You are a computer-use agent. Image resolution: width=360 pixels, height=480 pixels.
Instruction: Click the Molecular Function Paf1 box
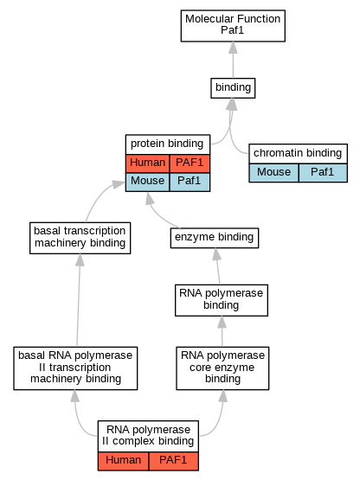[x=233, y=26]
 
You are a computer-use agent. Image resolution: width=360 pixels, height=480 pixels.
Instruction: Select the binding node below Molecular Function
[x=233, y=88]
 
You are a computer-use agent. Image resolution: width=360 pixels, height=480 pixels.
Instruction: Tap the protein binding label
[x=167, y=144]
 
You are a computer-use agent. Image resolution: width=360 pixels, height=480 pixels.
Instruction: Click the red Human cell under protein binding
[x=147, y=163]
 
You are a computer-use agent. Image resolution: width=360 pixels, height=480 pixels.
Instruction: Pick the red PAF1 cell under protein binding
[x=190, y=163]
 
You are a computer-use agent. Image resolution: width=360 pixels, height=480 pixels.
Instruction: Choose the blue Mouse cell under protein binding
[x=147, y=182]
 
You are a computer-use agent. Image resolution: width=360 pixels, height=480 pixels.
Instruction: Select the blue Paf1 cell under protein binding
[x=190, y=182]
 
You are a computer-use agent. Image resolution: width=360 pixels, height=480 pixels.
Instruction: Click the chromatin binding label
[x=298, y=153]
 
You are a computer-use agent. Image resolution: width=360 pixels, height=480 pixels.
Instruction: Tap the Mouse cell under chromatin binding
[x=273, y=173]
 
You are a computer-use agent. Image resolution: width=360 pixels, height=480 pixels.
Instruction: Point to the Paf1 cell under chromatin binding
[x=323, y=173]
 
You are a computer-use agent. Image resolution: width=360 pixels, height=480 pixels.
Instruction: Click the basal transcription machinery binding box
[x=80, y=238]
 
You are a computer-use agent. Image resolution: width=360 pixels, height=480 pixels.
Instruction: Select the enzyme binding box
[x=215, y=238]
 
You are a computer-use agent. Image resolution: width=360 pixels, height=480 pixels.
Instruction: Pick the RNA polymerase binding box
[x=222, y=300]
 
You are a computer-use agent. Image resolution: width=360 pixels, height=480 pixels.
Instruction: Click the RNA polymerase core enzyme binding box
[x=222, y=368]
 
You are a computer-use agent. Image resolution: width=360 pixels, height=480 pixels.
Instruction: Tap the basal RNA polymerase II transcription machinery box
[x=75, y=368]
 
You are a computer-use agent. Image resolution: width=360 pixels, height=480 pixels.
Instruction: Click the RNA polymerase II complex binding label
[x=148, y=435]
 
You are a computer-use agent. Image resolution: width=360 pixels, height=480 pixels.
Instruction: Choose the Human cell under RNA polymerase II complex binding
[x=123, y=461]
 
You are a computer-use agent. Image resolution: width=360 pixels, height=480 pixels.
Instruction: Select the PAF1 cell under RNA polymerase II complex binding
[x=173, y=461]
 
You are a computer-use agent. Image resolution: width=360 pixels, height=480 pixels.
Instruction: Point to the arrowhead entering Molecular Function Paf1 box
[x=233, y=48]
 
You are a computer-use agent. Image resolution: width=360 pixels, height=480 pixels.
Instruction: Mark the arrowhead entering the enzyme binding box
[x=216, y=254]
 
